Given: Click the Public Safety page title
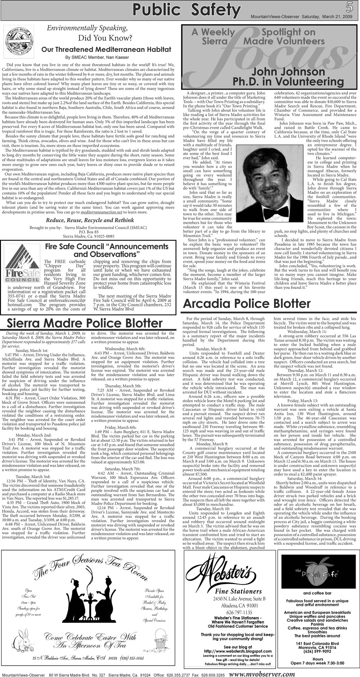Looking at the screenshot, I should tap(186, 10).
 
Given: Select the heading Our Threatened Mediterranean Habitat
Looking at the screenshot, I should tap(106, 50).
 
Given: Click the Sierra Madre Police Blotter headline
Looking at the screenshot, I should tap(85, 323).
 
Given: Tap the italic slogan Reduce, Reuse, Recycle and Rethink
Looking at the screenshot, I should tap(90, 220).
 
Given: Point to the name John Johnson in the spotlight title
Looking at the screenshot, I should tap(288, 72).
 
